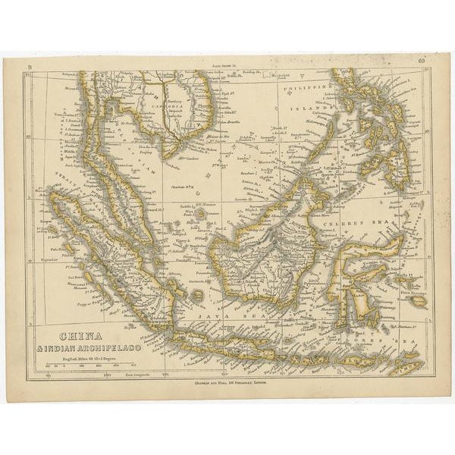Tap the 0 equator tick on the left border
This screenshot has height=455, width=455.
click(28, 259)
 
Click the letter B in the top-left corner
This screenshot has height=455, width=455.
click(30, 68)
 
